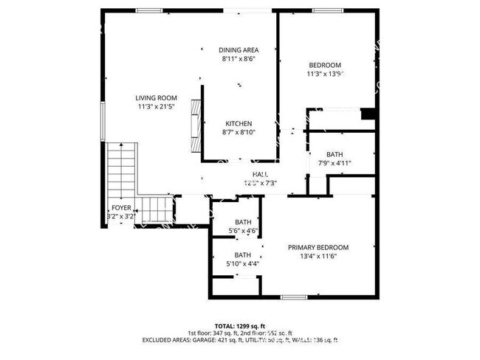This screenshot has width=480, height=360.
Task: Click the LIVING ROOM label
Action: pyautogui.click(x=156, y=97)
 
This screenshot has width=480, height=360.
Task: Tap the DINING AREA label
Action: pyautogui.click(x=239, y=50)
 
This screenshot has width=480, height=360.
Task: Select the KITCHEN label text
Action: pyautogui.click(x=238, y=123)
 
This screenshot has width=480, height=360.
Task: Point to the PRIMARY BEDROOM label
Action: pyautogui.click(x=318, y=247)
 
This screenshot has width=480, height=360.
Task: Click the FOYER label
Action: pyautogui.click(x=120, y=208)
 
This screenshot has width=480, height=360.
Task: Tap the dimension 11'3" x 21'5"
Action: pyautogui.click(x=156, y=107)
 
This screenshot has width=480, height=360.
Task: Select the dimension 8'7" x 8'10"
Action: pyautogui.click(x=238, y=132)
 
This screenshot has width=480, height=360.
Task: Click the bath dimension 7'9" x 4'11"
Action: pyautogui.click(x=335, y=163)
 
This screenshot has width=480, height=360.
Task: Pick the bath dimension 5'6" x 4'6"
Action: pyautogui.click(x=242, y=231)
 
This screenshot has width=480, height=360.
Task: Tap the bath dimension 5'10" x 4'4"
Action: pyautogui.click(x=242, y=263)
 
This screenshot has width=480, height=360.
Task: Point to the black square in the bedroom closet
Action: pyautogui.click(x=366, y=114)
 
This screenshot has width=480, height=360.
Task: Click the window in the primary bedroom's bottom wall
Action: pyautogui.click(x=293, y=297)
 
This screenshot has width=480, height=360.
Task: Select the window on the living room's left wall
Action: pyautogui.click(x=103, y=119)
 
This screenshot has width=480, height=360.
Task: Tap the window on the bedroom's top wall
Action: pyautogui.click(x=326, y=10)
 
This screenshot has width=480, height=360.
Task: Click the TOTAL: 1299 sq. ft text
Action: pyautogui.click(x=239, y=325)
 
